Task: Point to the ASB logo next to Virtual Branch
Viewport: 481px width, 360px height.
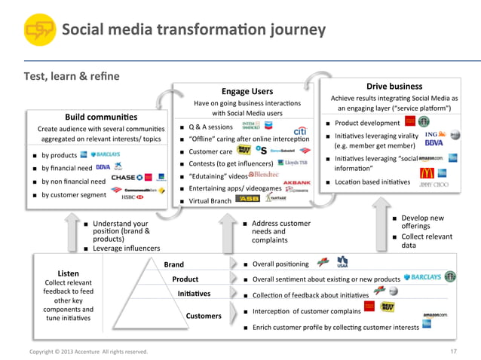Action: pyautogui.click(x=248, y=199)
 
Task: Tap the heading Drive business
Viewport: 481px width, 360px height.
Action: pyautogui.click(x=399, y=86)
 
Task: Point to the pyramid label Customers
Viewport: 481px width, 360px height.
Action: pyautogui.click(x=204, y=316)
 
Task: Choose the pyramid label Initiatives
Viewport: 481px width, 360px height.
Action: pyautogui.click(x=194, y=293)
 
